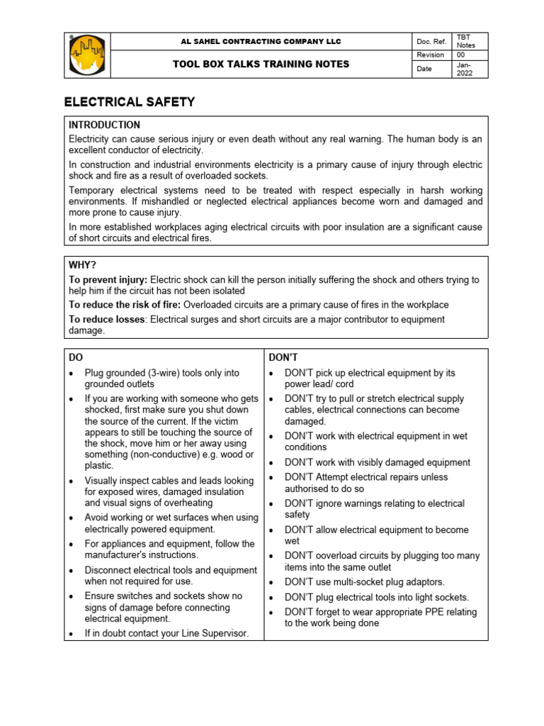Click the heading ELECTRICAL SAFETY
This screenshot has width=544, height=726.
pyautogui.click(x=130, y=102)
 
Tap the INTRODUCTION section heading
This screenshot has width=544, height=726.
pyautogui.click(x=104, y=125)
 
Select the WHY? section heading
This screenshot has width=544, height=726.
pyautogui.click(x=82, y=264)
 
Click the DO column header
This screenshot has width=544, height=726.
pyautogui.click(x=76, y=357)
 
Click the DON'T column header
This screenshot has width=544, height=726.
pyautogui.click(x=283, y=357)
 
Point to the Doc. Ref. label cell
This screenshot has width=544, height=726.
pyautogui.click(x=431, y=42)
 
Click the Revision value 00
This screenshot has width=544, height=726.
pyautogui.click(x=462, y=55)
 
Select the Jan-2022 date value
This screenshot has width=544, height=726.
pyautogui.click(x=465, y=68)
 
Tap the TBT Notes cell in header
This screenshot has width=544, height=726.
pyautogui.click(x=465, y=42)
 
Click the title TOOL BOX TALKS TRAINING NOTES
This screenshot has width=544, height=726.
pyautogui.click(x=261, y=64)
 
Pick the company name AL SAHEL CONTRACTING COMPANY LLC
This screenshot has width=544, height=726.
pyautogui.click(x=261, y=42)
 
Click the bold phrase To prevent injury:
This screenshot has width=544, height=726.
pyautogui.click(x=108, y=280)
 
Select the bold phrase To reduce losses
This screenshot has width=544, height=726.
pyautogui.click(x=106, y=319)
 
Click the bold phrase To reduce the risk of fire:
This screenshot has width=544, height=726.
pyautogui.click(x=125, y=304)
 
